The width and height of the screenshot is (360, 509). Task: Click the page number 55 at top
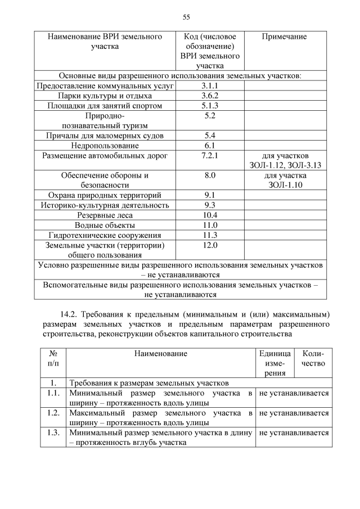pos(186,17)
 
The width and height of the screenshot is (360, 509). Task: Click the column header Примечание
pos(284,37)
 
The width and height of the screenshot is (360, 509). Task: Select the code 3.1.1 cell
pos(209,86)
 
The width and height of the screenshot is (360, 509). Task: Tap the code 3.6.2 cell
pos(209,96)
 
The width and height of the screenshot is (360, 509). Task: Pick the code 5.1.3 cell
pos(209,106)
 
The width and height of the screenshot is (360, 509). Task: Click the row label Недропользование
pos(105,145)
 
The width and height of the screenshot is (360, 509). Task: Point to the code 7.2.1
pos(209,155)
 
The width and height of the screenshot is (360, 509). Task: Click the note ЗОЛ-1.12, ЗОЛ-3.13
pos(284,165)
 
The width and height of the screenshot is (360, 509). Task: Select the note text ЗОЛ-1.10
pos(284,185)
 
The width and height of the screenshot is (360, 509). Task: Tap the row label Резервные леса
pos(105,215)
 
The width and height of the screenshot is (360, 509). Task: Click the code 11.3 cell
pos(209,235)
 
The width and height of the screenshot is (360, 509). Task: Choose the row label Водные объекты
pos(105,225)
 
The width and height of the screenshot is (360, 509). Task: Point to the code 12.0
pos(209,245)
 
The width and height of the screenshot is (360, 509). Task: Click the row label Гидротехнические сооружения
pos(105,235)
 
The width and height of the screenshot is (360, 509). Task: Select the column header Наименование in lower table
pos(160,353)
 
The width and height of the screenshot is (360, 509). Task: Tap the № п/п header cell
pos(54,358)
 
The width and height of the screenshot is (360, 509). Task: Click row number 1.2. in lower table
pos(54,413)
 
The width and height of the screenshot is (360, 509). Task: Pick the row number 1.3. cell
pos(54,433)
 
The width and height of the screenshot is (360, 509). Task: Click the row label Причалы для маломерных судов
pos(105,136)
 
